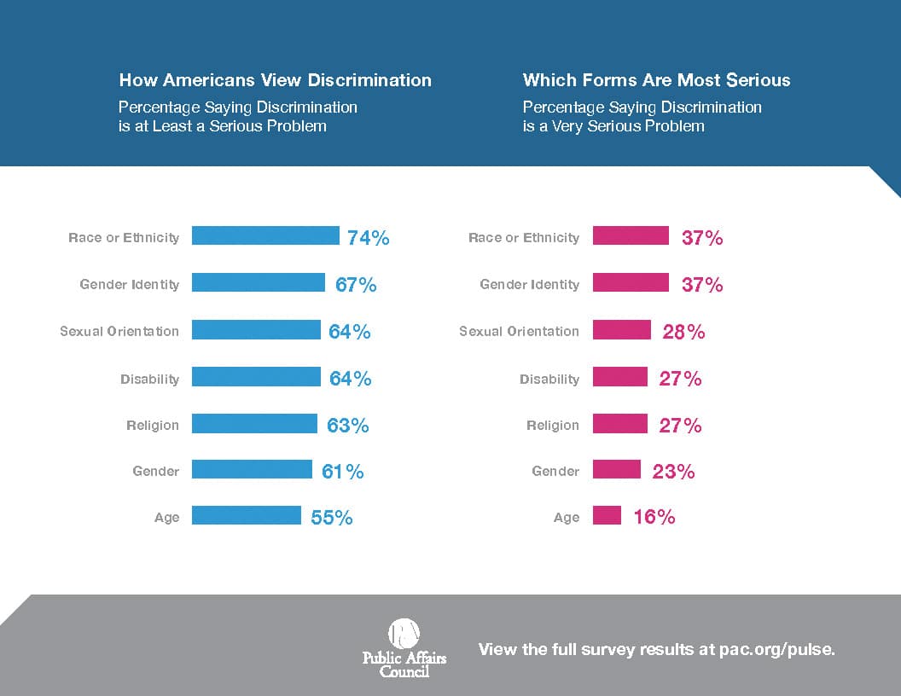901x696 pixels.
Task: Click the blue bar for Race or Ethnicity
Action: pos(265,236)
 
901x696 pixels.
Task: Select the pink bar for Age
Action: pos(607,515)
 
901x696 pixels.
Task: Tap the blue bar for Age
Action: pos(247,515)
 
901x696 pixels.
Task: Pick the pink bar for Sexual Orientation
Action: pos(621,330)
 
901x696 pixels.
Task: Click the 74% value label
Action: pos(369,238)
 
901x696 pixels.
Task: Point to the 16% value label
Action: pos(654,517)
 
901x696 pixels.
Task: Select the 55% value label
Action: pos(332,517)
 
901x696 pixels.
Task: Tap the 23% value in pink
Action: pos(673,471)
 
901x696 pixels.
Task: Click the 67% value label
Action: pos(356,285)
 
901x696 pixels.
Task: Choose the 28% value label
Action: pos(683,332)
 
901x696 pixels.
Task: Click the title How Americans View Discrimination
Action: pos(275,80)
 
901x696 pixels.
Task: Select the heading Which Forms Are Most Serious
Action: pos(656,80)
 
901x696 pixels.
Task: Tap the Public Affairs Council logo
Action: pos(404,647)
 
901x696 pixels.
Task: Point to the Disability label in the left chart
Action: pos(149,379)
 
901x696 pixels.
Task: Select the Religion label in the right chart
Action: pos(552,425)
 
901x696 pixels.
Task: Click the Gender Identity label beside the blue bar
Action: pos(129,284)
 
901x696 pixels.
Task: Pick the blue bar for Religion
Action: pos(254,423)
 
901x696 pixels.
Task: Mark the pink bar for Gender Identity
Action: pos(631,282)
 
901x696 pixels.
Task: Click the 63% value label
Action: pos(348,425)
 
